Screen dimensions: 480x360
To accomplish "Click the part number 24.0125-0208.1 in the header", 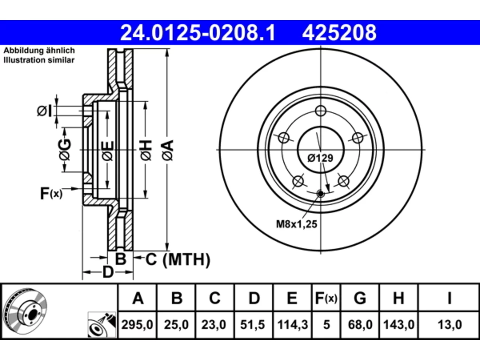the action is point(198,33).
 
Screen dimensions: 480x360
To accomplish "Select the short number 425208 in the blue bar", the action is point(339,33).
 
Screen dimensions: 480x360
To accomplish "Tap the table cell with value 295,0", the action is point(137,325).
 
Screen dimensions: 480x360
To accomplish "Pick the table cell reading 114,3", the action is point(292,325).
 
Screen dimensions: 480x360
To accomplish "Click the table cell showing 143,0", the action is point(399,325).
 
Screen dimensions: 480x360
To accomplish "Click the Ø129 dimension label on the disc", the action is point(320,158).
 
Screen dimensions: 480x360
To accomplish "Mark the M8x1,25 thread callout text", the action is point(297,224).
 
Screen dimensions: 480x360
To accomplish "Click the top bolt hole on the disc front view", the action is point(321,111).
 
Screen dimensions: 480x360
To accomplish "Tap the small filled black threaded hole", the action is point(321,193).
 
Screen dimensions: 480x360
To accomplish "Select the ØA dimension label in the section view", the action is point(168,150).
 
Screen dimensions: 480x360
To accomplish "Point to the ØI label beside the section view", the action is point(45,111).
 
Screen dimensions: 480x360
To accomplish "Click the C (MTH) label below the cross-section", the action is point(178,259).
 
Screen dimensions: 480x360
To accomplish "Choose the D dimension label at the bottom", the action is point(108,272).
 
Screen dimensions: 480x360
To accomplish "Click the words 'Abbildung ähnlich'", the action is point(39,51).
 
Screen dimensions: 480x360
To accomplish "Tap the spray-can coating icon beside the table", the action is point(102,325).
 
